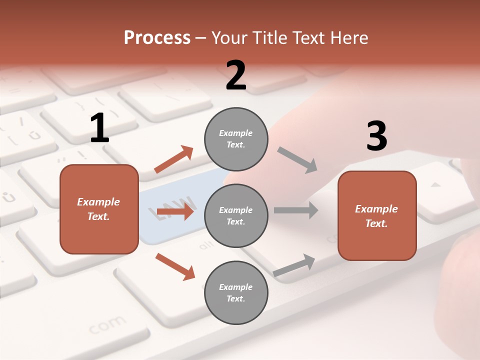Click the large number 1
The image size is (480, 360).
click(99, 128)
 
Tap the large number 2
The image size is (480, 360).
click(236, 75)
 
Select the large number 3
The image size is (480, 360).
click(376, 136)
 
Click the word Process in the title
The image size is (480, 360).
click(157, 37)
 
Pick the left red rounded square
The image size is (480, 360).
click(99, 209)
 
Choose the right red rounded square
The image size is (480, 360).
click(377, 215)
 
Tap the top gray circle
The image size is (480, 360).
click(236, 138)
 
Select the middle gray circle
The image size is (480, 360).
click(236, 215)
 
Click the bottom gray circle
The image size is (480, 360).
click(236, 292)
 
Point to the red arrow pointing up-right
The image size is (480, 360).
click(174, 159)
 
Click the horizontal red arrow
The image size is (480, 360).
click(175, 212)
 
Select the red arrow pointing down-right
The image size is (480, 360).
click(175, 266)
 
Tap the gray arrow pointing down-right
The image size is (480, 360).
click(297, 160)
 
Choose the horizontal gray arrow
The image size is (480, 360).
click(296, 210)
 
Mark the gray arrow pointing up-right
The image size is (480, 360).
click(294, 265)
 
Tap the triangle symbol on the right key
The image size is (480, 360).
click(436, 184)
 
